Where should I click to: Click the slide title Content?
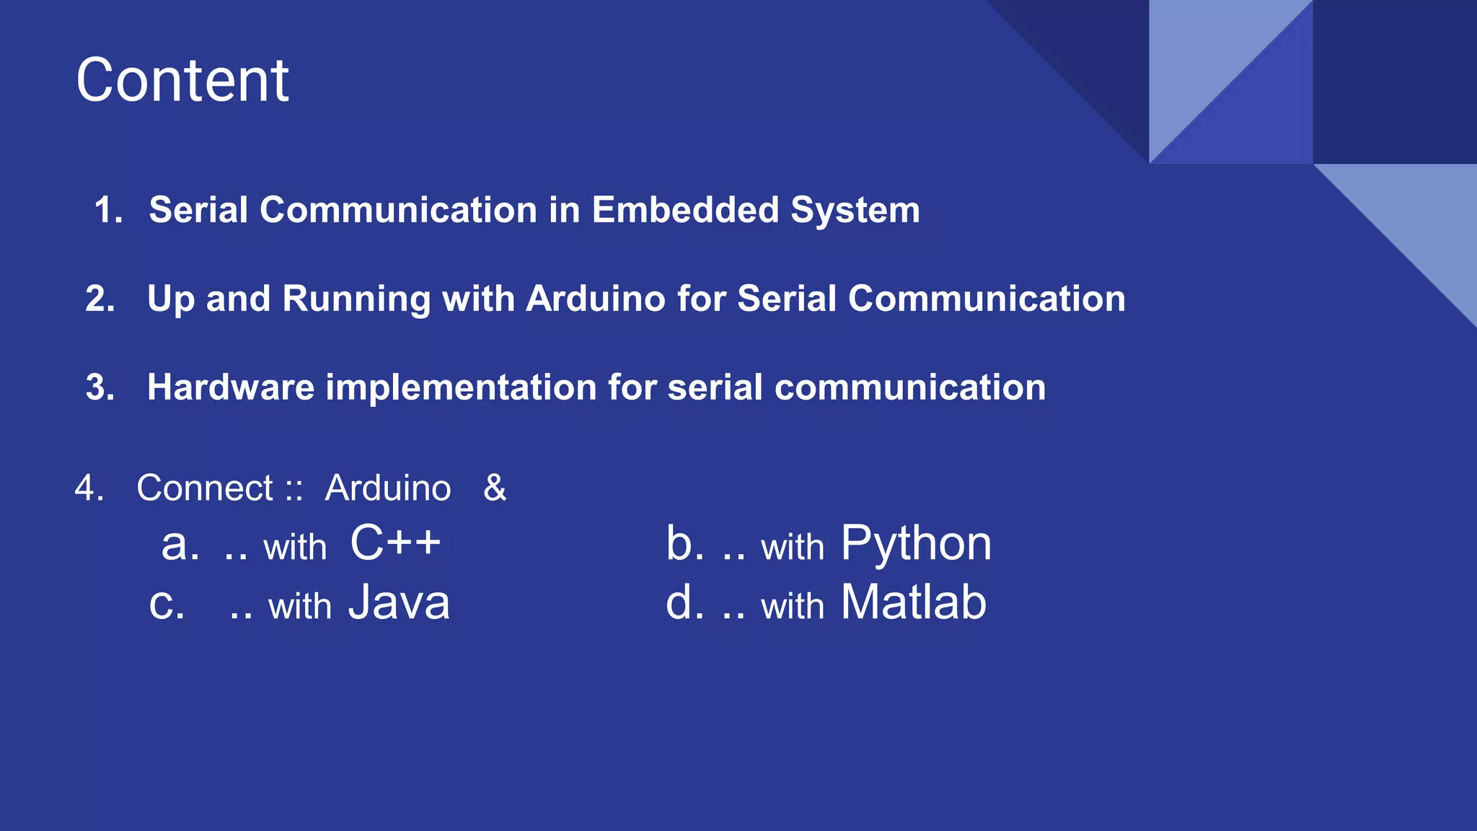tap(182, 80)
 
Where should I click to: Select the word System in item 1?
tap(855, 211)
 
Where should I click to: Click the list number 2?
tap(99, 299)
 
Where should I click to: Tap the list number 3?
tap(99, 387)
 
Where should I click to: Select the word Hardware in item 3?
tap(231, 387)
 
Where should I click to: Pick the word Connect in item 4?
tap(205, 488)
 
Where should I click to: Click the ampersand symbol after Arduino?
tap(495, 488)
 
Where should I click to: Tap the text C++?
tap(394, 542)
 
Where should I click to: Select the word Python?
tap(916, 544)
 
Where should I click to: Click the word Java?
tap(399, 602)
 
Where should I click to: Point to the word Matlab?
tap(913, 602)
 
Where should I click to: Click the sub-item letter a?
tap(179, 545)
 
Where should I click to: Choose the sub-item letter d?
tap(684, 602)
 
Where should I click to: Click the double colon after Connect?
tap(293, 489)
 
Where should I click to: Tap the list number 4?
tap(88, 488)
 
